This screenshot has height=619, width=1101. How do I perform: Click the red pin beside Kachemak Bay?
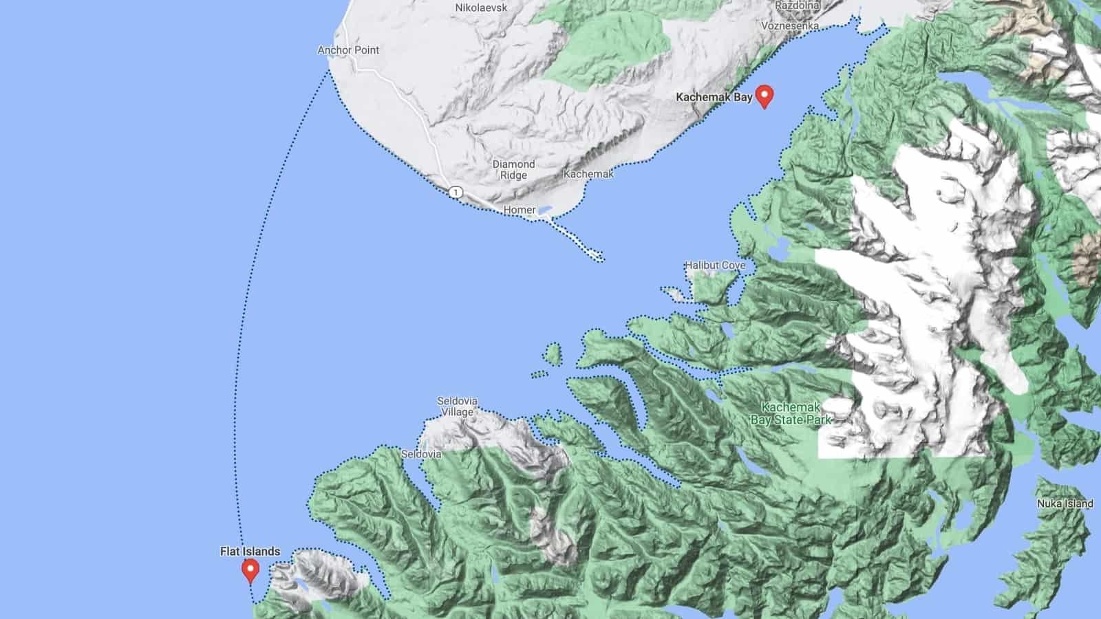pos(764,96)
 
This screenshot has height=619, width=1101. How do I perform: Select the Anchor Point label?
pos(348,50)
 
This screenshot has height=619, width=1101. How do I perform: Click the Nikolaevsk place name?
pos(481,8)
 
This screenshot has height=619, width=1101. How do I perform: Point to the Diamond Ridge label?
pos(513,169)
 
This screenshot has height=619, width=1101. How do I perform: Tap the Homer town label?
pos(520,210)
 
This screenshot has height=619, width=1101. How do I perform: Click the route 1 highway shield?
pos(456,192)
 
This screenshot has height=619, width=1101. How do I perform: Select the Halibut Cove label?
pos(714,265)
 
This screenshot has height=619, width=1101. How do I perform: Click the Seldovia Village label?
pos(457,406)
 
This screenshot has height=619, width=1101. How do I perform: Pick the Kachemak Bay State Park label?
pos(791,413)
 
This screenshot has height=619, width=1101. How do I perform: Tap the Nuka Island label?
pos(1065,503)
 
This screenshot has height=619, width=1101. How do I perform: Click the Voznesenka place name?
pos(790,25)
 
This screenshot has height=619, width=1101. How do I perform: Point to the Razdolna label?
pos(798,6)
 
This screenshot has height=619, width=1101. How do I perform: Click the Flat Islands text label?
pos(250,551)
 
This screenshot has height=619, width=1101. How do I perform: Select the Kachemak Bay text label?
pos(714,97)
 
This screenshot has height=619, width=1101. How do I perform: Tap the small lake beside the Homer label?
pos(545,209)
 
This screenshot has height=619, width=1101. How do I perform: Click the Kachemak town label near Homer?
pos(588,174)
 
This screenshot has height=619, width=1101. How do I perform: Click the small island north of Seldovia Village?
pos(552,354)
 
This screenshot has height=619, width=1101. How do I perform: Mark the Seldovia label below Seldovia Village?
pos(421,454)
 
